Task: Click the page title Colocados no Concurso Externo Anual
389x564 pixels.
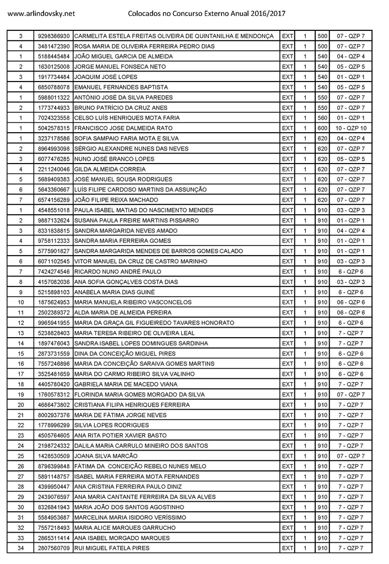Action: tap(207, 13)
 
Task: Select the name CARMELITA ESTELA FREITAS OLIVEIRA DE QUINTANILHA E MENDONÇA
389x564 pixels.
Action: tap(174, 36)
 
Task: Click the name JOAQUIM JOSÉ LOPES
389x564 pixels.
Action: tap(106, 77)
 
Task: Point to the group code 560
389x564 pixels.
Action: tap(322, 118)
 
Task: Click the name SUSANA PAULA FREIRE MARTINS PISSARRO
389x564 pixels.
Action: tap(136, 220)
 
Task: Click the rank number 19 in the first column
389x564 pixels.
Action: tap(21, 394)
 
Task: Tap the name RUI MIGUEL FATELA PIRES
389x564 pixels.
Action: tap(111, 548)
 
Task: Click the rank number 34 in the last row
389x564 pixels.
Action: tap(21, 548)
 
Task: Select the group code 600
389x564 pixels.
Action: tap(322, 128)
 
